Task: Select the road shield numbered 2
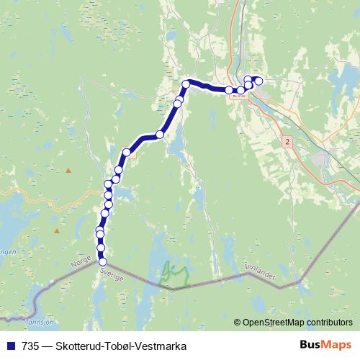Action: click(287, 142)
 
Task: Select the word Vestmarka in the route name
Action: click(162, 346)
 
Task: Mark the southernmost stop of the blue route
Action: click(102, 261)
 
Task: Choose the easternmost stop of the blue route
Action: click(258, 81)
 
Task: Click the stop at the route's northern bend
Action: click(186, 84)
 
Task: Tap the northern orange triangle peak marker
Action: click(69, 171)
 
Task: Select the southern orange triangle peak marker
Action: click(56, 231)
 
